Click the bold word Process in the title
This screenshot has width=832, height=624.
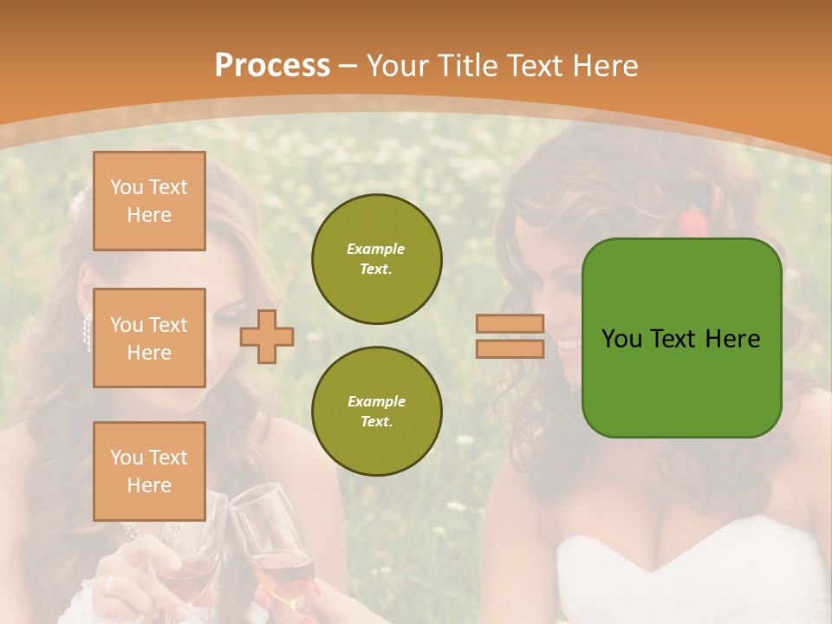tap(272, 66)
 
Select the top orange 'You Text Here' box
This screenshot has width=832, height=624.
tap(149, 201)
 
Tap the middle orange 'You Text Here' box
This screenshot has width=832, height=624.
tap(149, 338)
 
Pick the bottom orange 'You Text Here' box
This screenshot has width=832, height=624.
tap(149, 471)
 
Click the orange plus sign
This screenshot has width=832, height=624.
tap(267, 335)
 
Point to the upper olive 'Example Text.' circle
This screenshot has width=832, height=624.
tap(376, 259)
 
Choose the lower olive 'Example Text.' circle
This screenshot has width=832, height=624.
tap(376, 412)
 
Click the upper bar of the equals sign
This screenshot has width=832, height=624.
tap(510, 323)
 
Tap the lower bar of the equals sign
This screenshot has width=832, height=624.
tap(510, 348)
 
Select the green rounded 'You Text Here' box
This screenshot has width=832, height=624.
tap(681, 338)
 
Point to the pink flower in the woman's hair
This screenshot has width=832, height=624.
tap(691, 222)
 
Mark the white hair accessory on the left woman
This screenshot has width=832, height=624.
tap(78, 205)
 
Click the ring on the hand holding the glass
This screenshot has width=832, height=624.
tap(109, 585)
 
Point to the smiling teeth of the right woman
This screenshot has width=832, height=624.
tap(570, 345)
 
